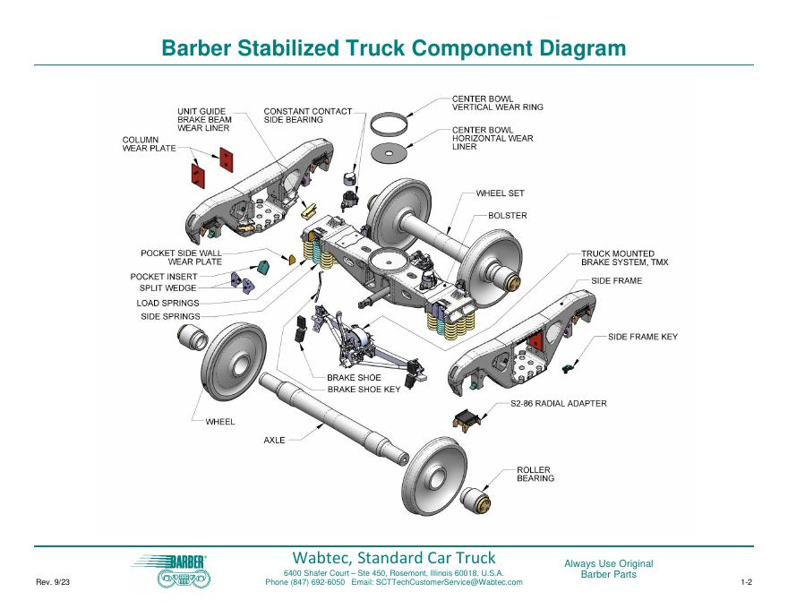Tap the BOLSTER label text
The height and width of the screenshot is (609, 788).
[508, 216]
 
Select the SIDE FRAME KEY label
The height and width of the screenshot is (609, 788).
[643, 337]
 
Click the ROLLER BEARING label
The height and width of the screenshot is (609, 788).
[535, 474]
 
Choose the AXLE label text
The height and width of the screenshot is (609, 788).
[274, 441]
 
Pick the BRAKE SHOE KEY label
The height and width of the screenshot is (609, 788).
[364, 390]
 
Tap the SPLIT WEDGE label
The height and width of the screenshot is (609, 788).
[167, 288]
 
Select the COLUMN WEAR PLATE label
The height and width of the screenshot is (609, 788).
[150, 144]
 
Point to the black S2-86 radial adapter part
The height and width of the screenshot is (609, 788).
[468, 419]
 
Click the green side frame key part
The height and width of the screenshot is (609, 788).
[568, 368]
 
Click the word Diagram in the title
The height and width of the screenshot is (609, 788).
[578, 48]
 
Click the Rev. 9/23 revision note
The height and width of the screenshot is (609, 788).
[53, 583]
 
